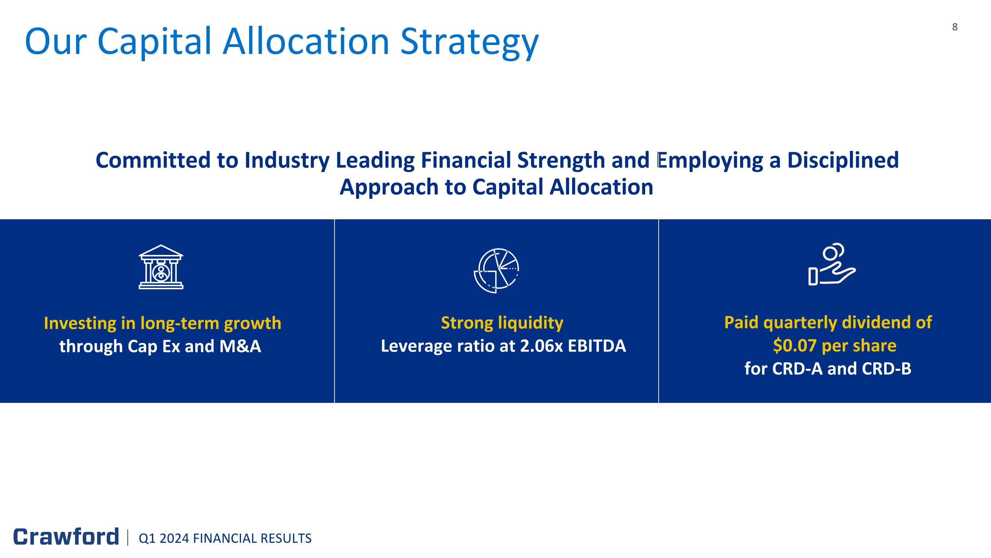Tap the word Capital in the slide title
[x=155, y=42]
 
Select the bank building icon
[x=161, y=267]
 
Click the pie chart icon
[x=496, y=270]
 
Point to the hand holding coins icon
[x=832, y=265]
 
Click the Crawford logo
[x=66, y=537]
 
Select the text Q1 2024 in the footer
[x=164, y=538]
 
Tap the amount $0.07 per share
[x=834, y=345]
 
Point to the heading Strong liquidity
[x=502, y=323]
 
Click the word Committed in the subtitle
[x=153, y=160]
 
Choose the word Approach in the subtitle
[x=389, y=187]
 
